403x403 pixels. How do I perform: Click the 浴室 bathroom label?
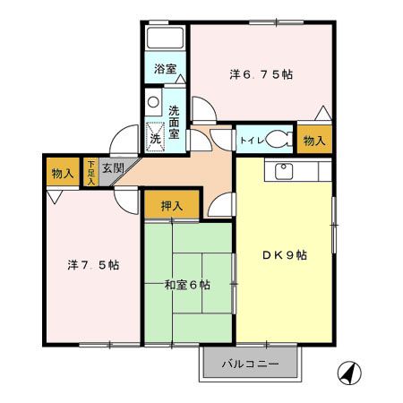click(x=165, y=69)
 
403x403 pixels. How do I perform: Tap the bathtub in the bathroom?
click(x=165, y=38)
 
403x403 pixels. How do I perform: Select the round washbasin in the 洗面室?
click(x=153, y=102)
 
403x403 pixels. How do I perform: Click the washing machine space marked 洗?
click(x=155, y=137)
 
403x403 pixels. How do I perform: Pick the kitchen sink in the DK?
click(x=284, y=172)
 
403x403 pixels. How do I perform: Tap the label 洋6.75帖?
click(x=261, y=74)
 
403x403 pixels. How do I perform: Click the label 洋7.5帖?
click(x=93, y=265)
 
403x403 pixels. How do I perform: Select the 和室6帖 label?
click(x=187, y=285)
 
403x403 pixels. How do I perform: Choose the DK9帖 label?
click(x=285, y=255)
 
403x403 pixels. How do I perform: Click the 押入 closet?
click(x=172, y=205)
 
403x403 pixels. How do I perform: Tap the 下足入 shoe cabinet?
click(x=90, y=172)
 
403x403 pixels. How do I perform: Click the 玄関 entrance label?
click(x=113, y=168)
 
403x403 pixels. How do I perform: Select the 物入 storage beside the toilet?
click(x=314, y=140)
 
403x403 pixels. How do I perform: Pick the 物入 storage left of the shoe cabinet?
click(x=63, y=173)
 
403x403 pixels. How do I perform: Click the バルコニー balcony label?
click(x=250, y=364)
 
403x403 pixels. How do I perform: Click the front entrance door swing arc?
click(x=124, y=141)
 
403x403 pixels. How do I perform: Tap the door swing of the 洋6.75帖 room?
click(x=204, y=108)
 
